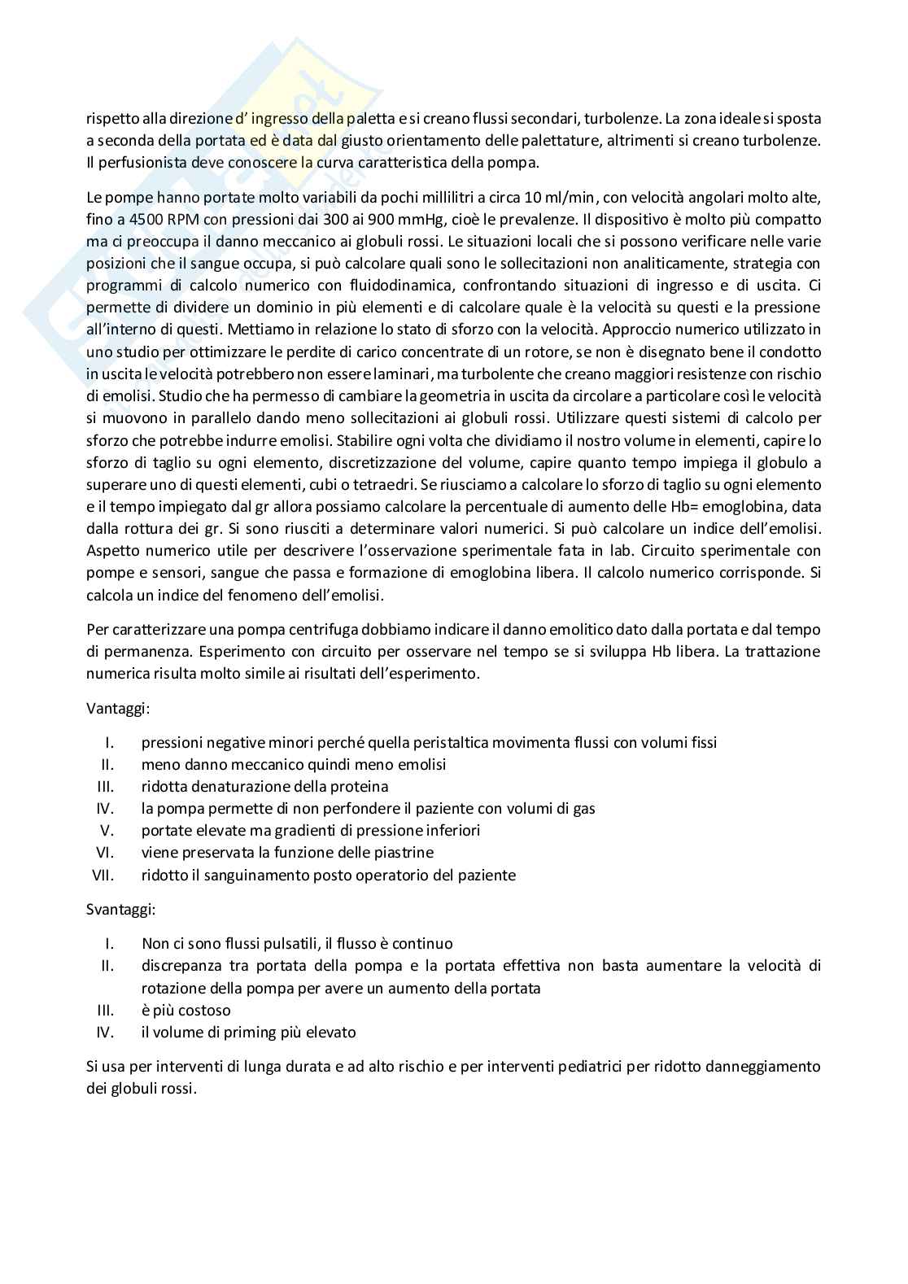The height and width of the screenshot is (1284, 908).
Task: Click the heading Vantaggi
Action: [117, 708]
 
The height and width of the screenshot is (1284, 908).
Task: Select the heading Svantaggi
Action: [120, 910]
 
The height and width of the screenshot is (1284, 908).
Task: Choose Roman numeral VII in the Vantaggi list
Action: [102, 876]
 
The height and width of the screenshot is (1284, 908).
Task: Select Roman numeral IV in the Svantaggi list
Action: [104, 1033]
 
